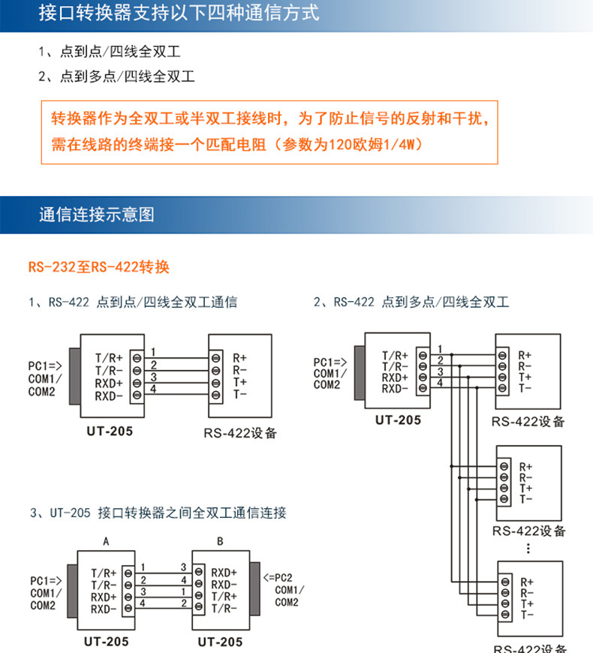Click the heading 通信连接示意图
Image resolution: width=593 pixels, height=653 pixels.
(x=97, y=215)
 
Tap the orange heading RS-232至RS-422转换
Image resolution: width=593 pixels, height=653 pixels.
(x=98, y=267)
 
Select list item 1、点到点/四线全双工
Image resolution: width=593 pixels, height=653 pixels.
(x=110, y=52)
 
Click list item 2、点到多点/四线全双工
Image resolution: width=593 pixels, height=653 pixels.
(x=116, y=77)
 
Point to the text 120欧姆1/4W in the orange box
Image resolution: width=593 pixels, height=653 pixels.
(x=375, y=145)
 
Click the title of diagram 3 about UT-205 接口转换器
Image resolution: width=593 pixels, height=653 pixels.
(x=158, y=513)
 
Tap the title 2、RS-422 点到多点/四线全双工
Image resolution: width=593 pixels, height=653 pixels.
(x=411, y=302)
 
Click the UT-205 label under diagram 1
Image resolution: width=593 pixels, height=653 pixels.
(x=110, y=431)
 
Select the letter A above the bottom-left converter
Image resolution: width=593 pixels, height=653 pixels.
(x=106, y=541)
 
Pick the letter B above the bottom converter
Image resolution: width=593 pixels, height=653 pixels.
(x=220, y=541)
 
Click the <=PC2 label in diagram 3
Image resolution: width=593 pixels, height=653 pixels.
(x=278, y=578)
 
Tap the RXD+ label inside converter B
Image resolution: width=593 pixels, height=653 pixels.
(x=224, y=573)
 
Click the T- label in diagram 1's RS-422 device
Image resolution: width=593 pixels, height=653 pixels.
(x=240, y=394)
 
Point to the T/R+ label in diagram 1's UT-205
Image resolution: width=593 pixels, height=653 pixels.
(x=109, y=358)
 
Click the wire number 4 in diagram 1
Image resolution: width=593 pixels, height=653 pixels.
(x=153, y=389)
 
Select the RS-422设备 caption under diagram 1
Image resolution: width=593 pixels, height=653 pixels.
(x=240, y=433)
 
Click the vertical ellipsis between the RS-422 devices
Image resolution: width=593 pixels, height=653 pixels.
(x=528, y=549)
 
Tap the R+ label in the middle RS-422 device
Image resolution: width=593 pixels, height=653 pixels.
(x=525, y=467)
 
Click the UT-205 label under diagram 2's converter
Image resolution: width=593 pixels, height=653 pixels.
(x=398, y=420)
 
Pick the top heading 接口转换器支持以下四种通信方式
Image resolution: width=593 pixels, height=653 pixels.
(x=179, y=13)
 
